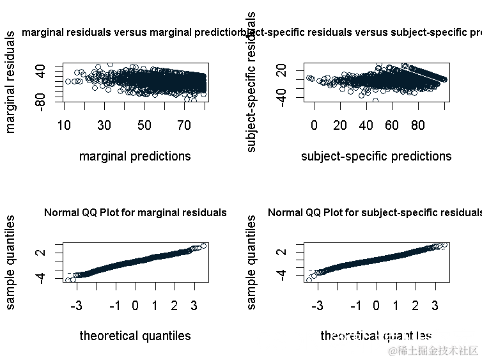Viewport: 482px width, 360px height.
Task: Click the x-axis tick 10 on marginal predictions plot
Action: [65, 125]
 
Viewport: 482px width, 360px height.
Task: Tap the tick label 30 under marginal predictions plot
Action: [104, 125]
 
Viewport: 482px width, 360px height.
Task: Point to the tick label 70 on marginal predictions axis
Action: [184, 125]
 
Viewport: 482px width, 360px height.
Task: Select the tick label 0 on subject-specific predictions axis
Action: [314, 125]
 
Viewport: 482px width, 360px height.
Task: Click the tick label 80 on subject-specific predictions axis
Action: [418, 125]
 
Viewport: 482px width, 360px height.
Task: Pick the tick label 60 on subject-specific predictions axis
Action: [392, 125]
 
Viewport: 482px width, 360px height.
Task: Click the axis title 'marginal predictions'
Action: [135, 156]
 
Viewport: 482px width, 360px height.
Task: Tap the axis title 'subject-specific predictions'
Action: [376, 156]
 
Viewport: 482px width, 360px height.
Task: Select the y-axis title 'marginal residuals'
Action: [10, 82]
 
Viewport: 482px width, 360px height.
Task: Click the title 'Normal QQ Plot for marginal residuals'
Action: [135, 212]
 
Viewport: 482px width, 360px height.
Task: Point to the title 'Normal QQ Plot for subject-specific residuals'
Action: [375, 212]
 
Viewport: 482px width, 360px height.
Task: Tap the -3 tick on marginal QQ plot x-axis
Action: [76, 306]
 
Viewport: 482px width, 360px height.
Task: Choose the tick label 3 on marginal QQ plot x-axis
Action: [194, 306]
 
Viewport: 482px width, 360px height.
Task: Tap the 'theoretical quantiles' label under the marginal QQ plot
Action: [135, 336]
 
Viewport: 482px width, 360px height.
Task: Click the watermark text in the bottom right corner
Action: [433, 351]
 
